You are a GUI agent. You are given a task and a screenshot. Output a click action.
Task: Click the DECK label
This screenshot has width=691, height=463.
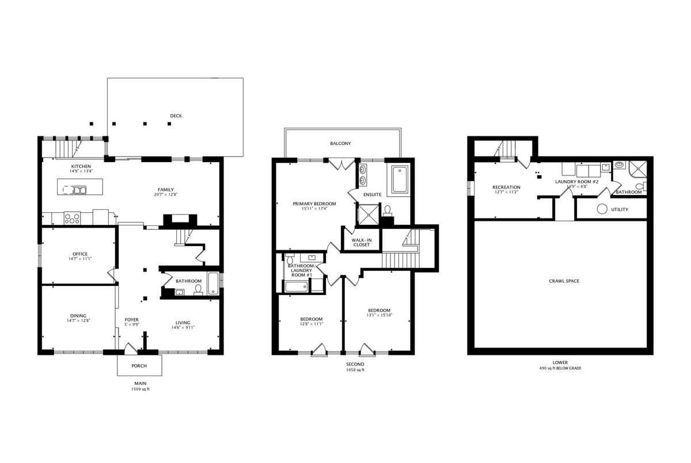point(176,116)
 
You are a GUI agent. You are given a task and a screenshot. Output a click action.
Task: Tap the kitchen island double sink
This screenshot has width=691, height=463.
point(79,190)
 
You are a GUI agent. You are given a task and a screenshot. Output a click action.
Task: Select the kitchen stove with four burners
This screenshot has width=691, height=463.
point(72,218)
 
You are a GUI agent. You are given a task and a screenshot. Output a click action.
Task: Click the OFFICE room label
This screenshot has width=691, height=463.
point(80,254)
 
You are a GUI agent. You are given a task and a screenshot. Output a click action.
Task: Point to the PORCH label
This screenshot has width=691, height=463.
point(139,366)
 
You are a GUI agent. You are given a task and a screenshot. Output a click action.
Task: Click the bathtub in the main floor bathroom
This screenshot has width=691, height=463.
point(213,284)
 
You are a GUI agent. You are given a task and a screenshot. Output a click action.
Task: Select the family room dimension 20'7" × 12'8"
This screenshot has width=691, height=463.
point(166,194)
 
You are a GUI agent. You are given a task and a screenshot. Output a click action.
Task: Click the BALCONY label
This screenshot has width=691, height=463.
point(340,144)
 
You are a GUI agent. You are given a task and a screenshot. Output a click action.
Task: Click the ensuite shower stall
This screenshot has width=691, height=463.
point(368,214)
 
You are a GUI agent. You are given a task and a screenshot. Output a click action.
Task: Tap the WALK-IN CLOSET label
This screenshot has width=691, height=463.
point(362,243)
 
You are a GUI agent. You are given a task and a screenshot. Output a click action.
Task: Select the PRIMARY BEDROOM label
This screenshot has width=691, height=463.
point(314,204)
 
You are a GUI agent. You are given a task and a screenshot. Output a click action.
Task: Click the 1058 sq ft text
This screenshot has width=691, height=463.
point(355,370)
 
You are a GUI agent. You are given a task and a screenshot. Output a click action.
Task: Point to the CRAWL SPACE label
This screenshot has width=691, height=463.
point(564,281)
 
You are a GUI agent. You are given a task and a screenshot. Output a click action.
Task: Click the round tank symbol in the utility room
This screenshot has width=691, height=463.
point(602,209)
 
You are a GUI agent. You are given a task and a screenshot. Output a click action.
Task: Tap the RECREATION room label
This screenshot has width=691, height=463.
point(506,188)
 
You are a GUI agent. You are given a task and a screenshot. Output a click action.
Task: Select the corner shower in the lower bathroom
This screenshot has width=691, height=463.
point(637,169)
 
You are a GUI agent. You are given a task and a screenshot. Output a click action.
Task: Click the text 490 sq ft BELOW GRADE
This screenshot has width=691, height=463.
point(560,368)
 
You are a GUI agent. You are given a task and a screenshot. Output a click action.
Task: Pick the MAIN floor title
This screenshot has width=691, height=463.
point(141,384)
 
